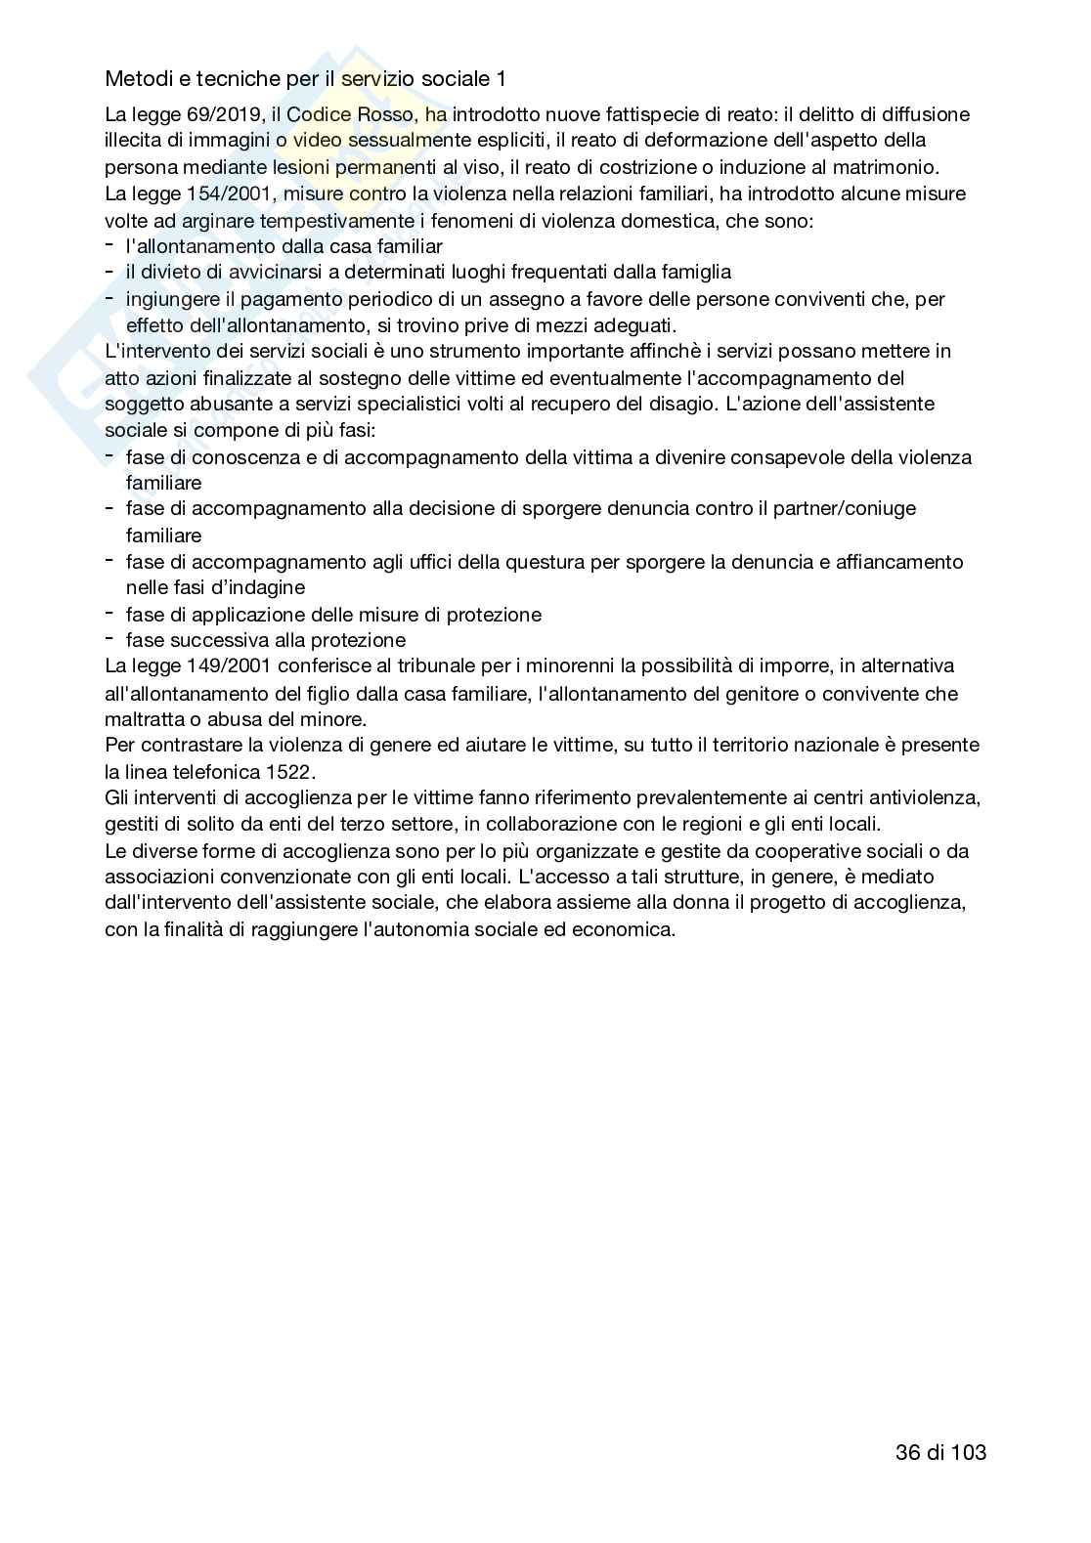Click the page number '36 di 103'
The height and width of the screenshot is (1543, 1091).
940,1452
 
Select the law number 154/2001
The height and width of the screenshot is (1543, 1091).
220,193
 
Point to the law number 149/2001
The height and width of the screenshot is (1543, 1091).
220,666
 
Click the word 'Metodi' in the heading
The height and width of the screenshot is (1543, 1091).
136,77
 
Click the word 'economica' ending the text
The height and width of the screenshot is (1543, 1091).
626,929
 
